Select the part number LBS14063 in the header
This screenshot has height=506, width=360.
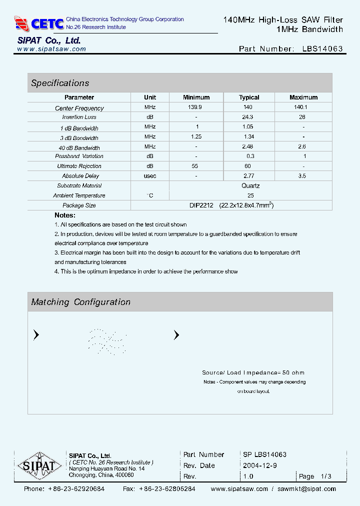[322, 49]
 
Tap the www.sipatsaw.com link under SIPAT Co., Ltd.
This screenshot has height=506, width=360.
[51, 49]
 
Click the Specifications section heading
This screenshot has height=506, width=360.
[60, 83]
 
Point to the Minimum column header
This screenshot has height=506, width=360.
[196, 97]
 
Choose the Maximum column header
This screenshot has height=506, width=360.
[303, 97]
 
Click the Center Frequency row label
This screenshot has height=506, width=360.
[79, 108]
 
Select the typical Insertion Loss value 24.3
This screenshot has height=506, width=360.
[247, 117]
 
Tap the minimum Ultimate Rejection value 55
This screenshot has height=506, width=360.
[196, 166]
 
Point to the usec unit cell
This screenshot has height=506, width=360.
[150, 176]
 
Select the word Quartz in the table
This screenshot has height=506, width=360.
[250, 185]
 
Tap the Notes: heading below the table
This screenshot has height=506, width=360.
[65, 215]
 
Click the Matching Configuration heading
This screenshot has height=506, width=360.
[80, 302]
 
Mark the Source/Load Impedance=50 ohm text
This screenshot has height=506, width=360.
[253, 372]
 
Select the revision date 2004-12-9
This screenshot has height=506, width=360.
[260, 465]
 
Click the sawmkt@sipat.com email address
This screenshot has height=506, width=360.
[306, 489]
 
